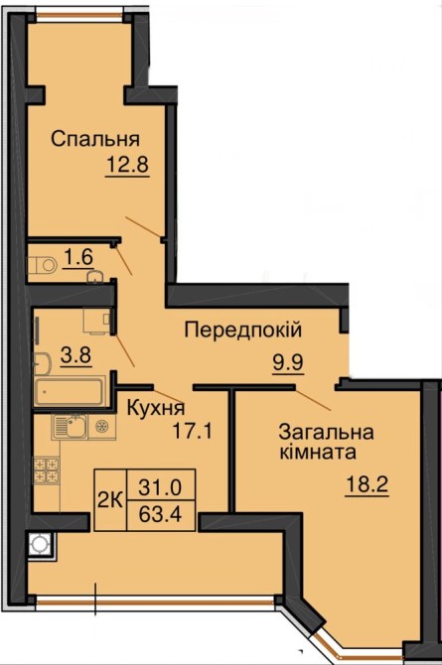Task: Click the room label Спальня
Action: pyautogui.click(x=95, y=139)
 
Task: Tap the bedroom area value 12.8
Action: pyautogui.click(x=127, y=165)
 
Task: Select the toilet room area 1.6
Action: pyautogui.click(x=79, y=257)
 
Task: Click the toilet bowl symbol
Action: pyautogui.click(x=44, y=265)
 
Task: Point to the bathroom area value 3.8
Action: pyautogui.click(x=76, y=354)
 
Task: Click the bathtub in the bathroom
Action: pyautogui.click(x=69, y=391)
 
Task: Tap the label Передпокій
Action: pyautogui.click(x=243, y=331)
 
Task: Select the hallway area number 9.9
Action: pyautogui.click(x=288, y=362)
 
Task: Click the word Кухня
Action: pyautogui.click(x=156, y=408)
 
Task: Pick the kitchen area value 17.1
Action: pyautogui.click(x=192, y=432)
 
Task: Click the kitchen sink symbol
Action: pyautogui.click(x=71, y=427)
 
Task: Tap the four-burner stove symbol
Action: pyautogui.click(x=47, y=470)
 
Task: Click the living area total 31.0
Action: pyautogui.click(x=160, y=487)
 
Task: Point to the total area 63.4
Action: pyautogui.click(x=161, y=514)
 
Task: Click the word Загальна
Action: pyautogui.click(x=326, y=432)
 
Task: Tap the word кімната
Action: pyautogui.click(x=318, y=452)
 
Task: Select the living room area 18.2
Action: pyautogui.click(x=368, y=484)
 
